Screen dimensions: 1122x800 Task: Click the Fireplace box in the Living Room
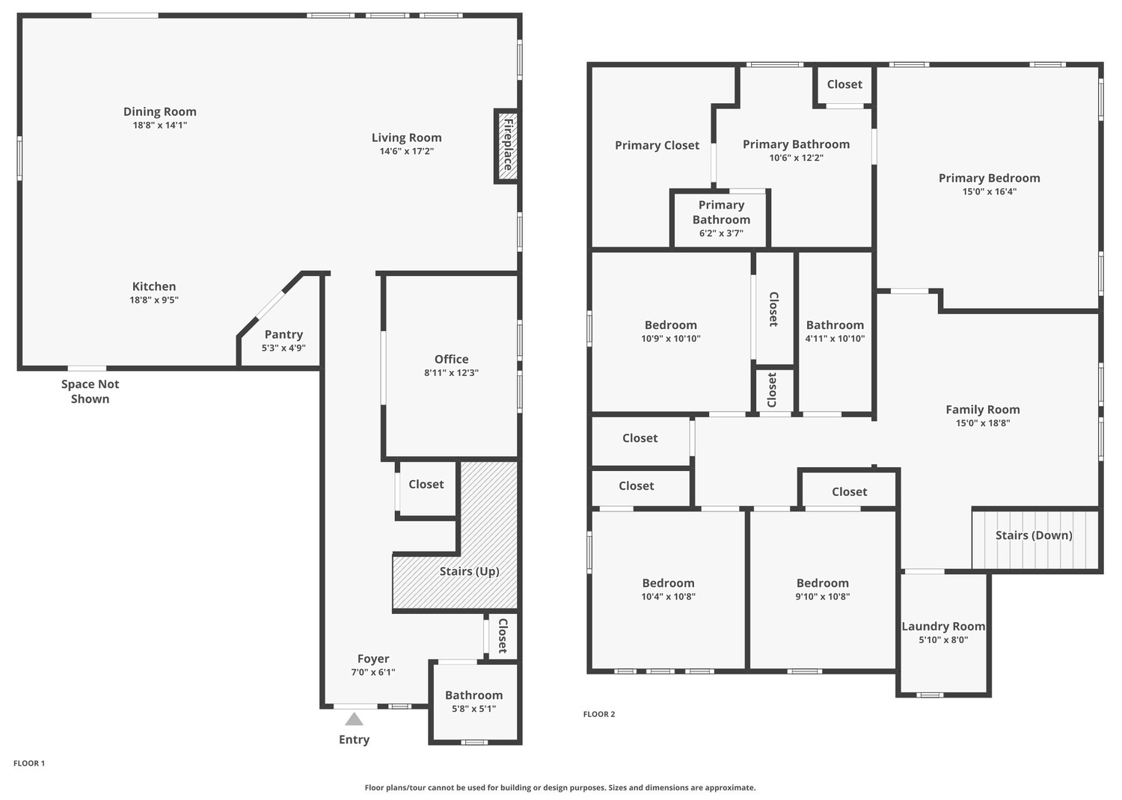click(506, 146)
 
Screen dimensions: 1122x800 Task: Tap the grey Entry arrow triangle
click(354, 719)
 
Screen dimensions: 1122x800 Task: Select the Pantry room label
click(283, 334)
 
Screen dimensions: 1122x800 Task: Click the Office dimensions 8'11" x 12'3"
click(451, 372)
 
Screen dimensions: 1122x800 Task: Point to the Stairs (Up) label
click(469, 571)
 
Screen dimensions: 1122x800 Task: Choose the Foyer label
click(373, 659)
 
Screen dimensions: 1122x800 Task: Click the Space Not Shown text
click(91, 392)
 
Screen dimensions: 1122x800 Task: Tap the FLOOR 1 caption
click(29, 763)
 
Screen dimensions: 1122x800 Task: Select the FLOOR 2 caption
click(599, 714)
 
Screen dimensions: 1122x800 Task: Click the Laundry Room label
click(943, 627)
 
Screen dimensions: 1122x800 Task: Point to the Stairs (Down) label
click(1034, 535)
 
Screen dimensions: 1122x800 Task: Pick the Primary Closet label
click(657, 145)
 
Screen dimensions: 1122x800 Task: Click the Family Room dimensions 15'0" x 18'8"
click(983, 423)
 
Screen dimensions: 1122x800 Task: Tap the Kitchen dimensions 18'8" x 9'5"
click(154, 300)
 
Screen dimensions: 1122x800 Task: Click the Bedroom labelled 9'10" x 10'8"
click(823, 583)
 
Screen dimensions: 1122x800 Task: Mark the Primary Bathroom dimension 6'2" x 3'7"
click(721, 233)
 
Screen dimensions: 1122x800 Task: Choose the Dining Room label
click(160, 111)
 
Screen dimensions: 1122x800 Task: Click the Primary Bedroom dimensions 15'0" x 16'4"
click(990, 191)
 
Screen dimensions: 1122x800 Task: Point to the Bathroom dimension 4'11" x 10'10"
click(835, 339)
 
